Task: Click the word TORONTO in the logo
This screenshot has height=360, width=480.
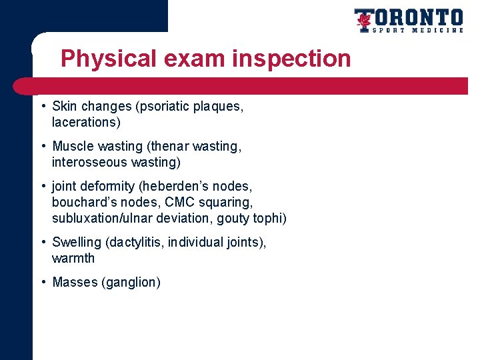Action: pos(417,17)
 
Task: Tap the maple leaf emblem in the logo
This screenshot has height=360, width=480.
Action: pos(364,21)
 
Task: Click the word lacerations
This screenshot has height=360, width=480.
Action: pos(85,122)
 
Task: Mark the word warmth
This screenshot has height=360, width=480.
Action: pos(73,258)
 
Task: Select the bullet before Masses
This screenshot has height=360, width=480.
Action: pos(42,282)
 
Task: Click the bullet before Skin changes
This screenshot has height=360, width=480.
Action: pos(42,106)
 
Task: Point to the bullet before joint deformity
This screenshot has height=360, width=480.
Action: pos(42,186)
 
